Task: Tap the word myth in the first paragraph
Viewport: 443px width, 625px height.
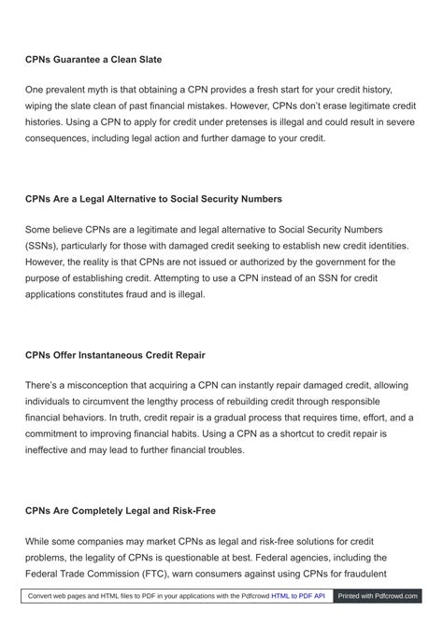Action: pos(105,90)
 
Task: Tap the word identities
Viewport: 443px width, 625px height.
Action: pos(385,246)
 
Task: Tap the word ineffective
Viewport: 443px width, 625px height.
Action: pos(54,449)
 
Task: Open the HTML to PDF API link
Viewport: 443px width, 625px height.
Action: pos(298,595)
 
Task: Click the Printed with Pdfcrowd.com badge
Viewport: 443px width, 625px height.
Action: pos(378,595)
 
